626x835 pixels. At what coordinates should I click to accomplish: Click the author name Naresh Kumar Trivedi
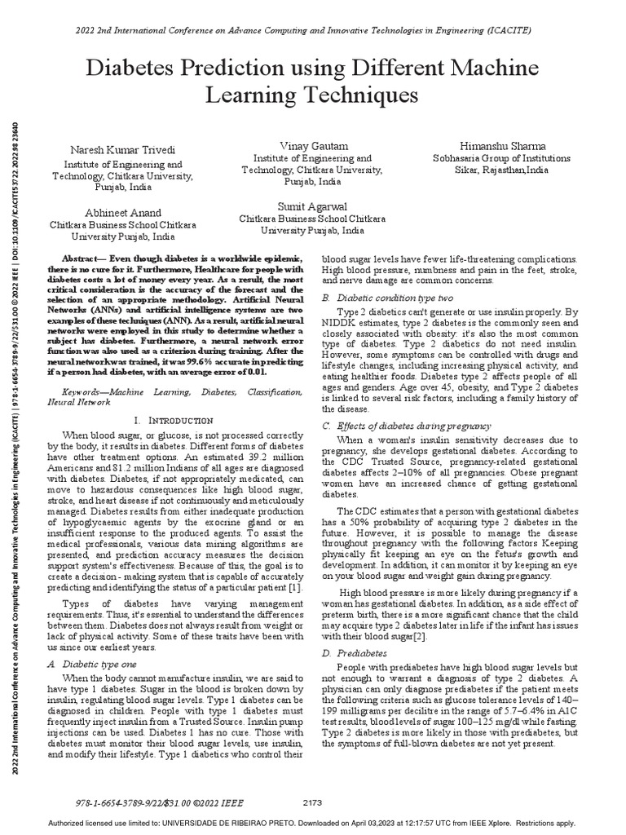(x=123, y=152)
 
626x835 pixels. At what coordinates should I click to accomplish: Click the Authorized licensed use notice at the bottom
(x=312, y=823)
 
